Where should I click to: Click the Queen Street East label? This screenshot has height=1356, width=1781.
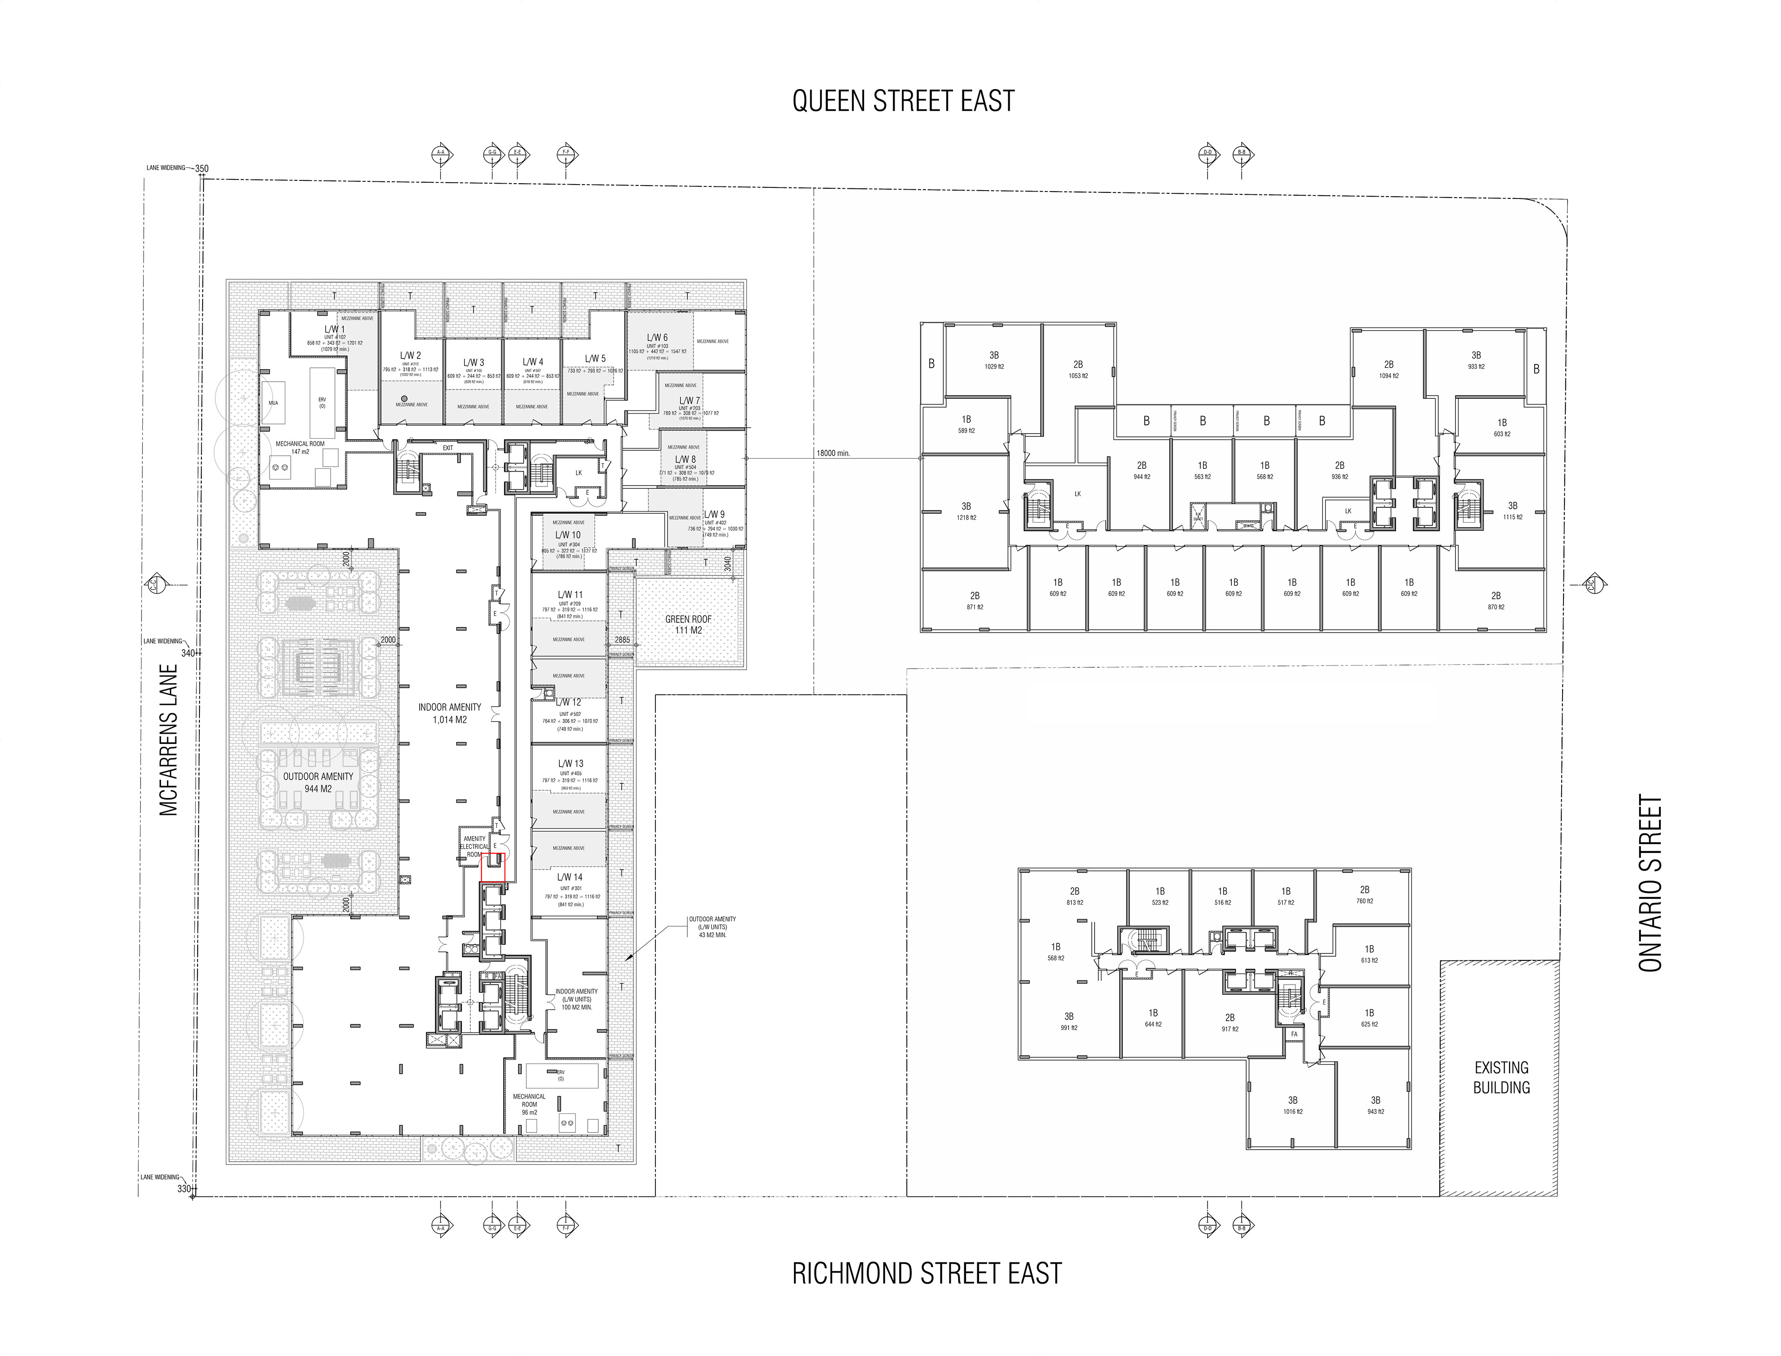(903, 101)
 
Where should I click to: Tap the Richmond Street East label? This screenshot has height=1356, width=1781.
(926, 1273)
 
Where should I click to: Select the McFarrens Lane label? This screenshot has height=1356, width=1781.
(169, 740)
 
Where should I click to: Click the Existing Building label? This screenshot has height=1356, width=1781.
(1501, 1078)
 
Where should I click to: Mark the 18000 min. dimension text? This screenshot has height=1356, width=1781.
(833, 454)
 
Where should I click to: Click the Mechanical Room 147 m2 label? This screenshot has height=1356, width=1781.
(300, 447)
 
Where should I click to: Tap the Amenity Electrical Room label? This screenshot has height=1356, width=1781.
(475, 846)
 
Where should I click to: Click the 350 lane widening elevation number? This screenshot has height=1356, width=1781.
(202, 169)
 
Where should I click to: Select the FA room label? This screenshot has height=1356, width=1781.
(1294, 1034)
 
